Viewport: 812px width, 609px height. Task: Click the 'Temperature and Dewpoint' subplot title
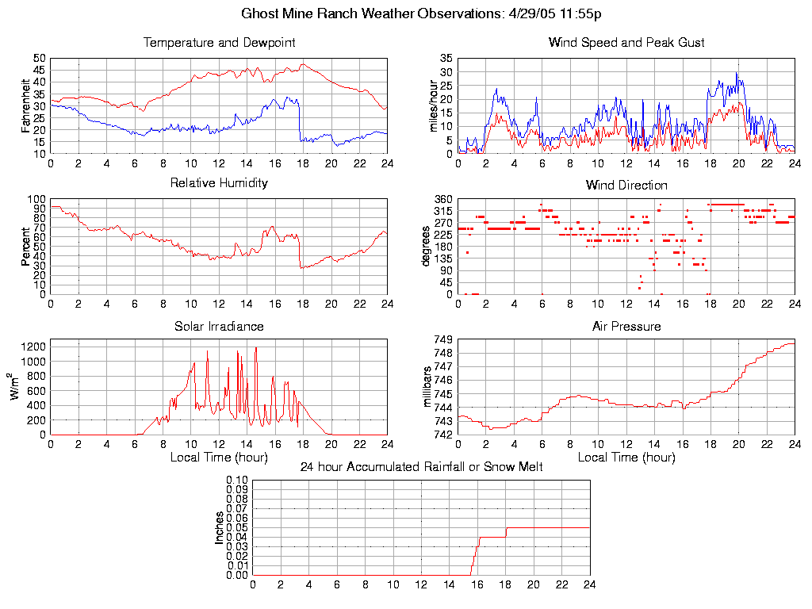point(219,42)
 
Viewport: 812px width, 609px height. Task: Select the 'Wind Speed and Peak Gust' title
point(626,42)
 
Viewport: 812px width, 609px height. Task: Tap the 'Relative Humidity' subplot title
point(219,183)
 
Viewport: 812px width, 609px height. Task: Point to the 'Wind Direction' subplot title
point(626,185)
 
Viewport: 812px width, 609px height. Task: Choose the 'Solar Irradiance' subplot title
point(219,326)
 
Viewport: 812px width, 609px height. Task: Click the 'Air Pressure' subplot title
point(626,326)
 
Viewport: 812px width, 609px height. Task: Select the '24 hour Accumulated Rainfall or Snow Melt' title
point(421,467)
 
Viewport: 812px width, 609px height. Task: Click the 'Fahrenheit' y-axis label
point(26,105)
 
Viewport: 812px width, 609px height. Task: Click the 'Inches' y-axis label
point(220,527)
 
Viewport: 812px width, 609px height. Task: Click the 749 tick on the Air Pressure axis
point(443,339)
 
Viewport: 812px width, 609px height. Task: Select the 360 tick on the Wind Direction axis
point(443,199)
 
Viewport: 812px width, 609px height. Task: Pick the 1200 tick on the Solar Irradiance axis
point(34,346)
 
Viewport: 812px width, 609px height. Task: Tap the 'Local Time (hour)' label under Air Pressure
point(626,457)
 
